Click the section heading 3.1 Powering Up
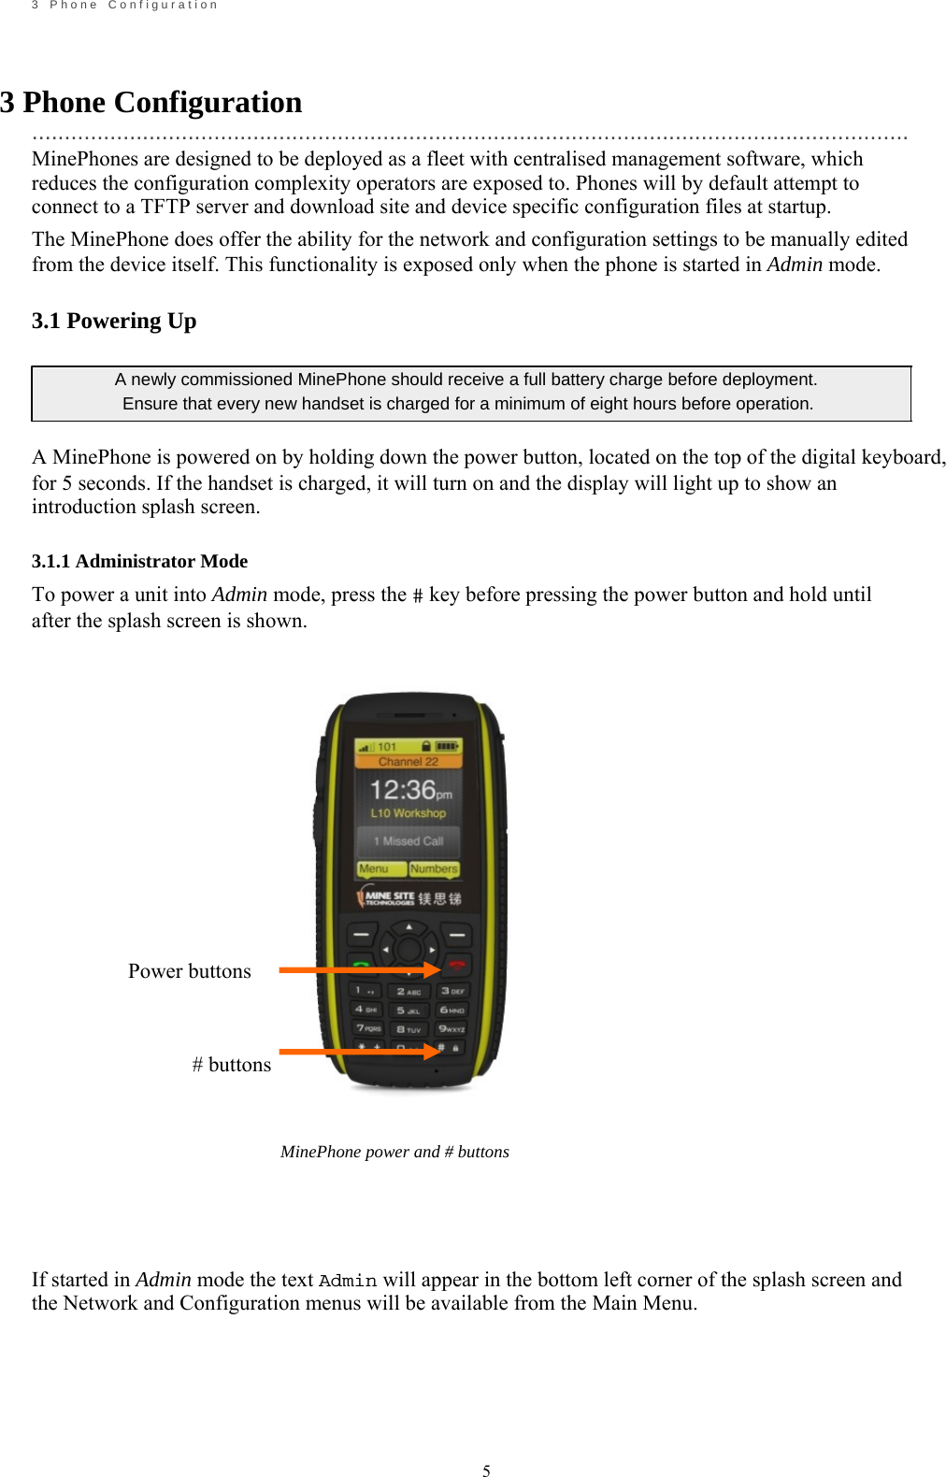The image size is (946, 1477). click(114, 321)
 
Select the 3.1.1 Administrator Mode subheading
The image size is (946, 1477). click(139, 561)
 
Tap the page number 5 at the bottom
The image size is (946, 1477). click(486, 1470)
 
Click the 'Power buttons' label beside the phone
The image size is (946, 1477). click(189, 970)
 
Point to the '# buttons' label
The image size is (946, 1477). click(231, 1064)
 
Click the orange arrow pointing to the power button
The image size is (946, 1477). click(359, 970)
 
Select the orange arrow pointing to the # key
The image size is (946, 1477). click(359, 1052)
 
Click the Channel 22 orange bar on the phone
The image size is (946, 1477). click(408, 762)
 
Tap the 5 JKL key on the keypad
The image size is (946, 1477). click(408, 1011)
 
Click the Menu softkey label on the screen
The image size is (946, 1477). click(374, 868)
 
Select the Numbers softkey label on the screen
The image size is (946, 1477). click(434, 868)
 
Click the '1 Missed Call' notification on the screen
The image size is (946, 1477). click(408, 840)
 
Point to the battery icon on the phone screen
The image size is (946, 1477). click(447, 746)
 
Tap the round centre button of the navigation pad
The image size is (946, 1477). click(408, 949)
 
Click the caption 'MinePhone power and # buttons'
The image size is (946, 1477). click(394, 1152)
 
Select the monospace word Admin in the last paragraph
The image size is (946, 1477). click(348, 1281)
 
